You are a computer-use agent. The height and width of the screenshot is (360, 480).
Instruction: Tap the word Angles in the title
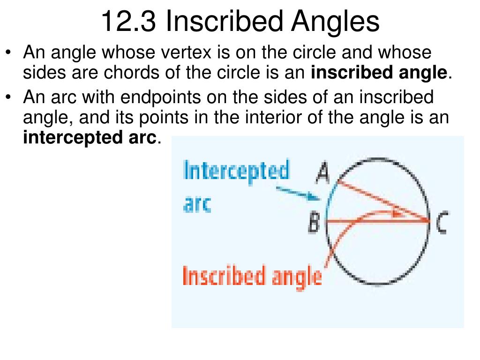click(x=335, y=22)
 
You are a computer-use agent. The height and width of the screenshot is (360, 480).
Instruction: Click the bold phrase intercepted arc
click(x=90, y=138)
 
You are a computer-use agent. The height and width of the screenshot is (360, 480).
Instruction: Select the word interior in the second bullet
click(x=272, y=117)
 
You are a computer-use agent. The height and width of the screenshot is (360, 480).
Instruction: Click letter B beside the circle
click(x=314, y=222)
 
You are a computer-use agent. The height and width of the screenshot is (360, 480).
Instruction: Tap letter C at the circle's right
click(x=442, y=223)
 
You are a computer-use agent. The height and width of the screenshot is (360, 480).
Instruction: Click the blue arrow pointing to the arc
click(x=298, y=194)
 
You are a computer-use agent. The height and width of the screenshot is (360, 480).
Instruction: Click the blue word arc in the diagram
click(x=197, y=204)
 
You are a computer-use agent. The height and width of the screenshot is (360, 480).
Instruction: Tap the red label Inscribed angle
click(x=252, y=277)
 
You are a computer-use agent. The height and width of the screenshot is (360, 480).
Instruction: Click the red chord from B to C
click(x=378, y=220)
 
